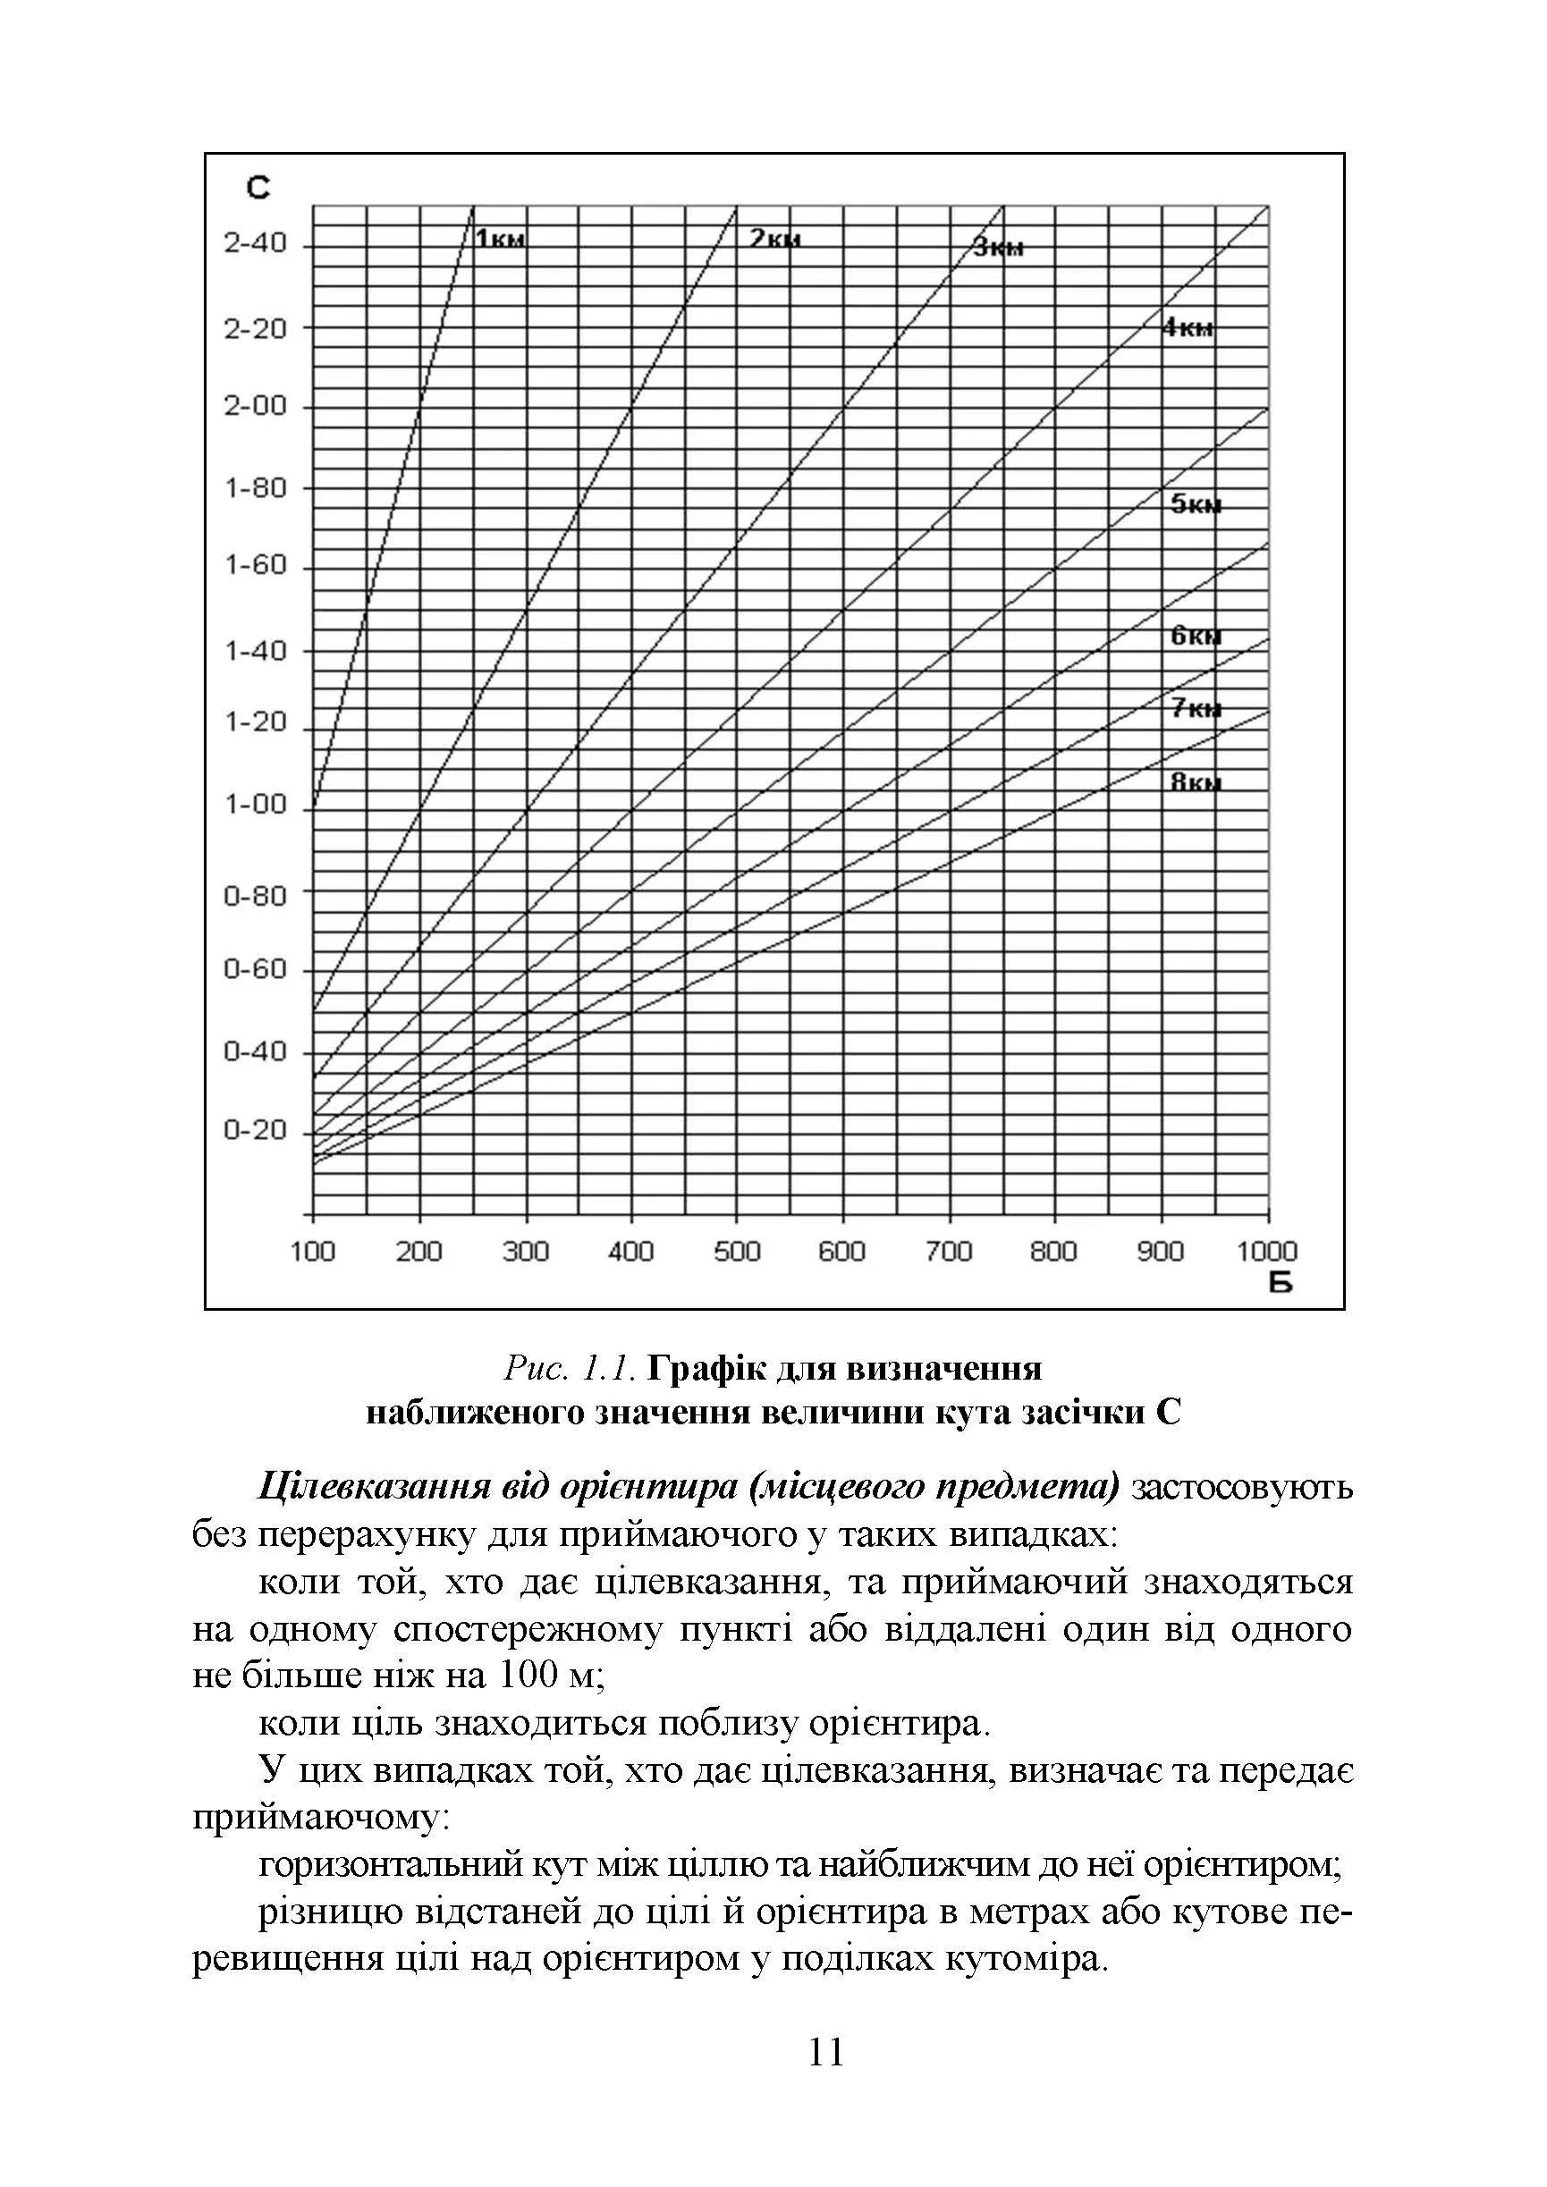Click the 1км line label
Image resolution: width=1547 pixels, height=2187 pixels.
pos(500,238)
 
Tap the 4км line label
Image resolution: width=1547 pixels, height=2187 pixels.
pos(1187,329)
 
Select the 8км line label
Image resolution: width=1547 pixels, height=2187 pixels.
pos(1196,783)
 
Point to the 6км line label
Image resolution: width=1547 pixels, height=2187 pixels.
pos(1196,636)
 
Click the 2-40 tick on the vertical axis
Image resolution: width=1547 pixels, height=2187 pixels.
pos(254,244)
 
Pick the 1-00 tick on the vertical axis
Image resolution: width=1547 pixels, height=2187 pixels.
pos(254,805)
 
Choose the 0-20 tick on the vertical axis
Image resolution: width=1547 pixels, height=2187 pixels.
pos(254,1131)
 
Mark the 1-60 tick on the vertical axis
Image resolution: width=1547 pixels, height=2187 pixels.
pos(254,566)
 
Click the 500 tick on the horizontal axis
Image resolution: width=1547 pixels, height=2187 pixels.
pos(736,1251)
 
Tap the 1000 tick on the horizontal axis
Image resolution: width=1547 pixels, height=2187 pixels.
pos(1267,1251)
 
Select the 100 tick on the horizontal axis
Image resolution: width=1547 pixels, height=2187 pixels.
pos(312,1251)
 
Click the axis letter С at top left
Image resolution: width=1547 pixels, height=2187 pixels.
pos(258,188)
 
